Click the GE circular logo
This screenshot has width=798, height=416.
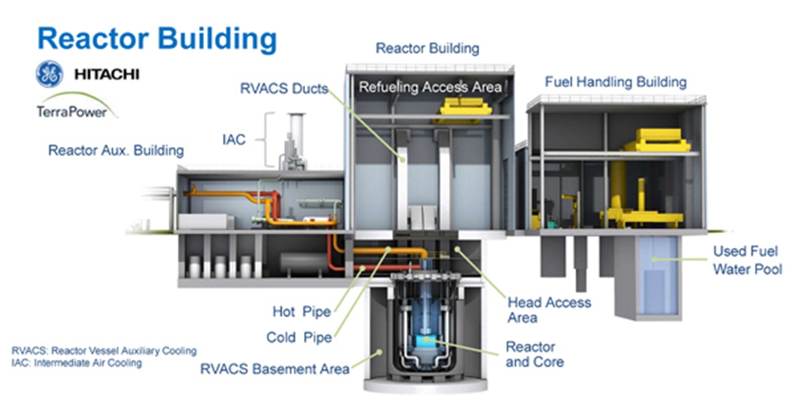coord(51,74)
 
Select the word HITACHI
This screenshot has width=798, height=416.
coord(106,74)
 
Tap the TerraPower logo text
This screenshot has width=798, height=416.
coord(72,111)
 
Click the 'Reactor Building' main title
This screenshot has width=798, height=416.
coord(157,38)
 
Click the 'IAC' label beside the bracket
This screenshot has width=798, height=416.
coord(233,140)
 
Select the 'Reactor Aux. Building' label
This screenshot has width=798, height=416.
coord(116,151)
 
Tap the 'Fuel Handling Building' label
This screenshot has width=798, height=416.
coord(615,82)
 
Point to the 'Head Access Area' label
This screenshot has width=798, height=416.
coord(549,310)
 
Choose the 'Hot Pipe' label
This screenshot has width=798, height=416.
coord(301,311)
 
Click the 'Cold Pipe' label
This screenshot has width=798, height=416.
coord(299,338)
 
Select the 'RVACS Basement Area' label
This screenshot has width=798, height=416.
coord(275,369)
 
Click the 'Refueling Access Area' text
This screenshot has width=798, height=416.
coord(430,87)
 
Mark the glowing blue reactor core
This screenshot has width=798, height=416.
coord(424,340)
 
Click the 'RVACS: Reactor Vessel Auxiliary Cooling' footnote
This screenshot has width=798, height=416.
coord(104,350)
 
